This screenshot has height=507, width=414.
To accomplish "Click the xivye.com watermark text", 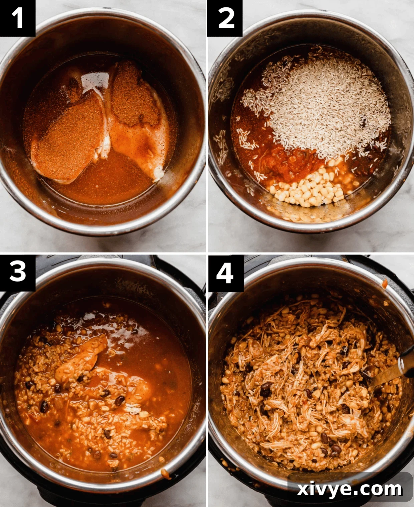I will [350, 489].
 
